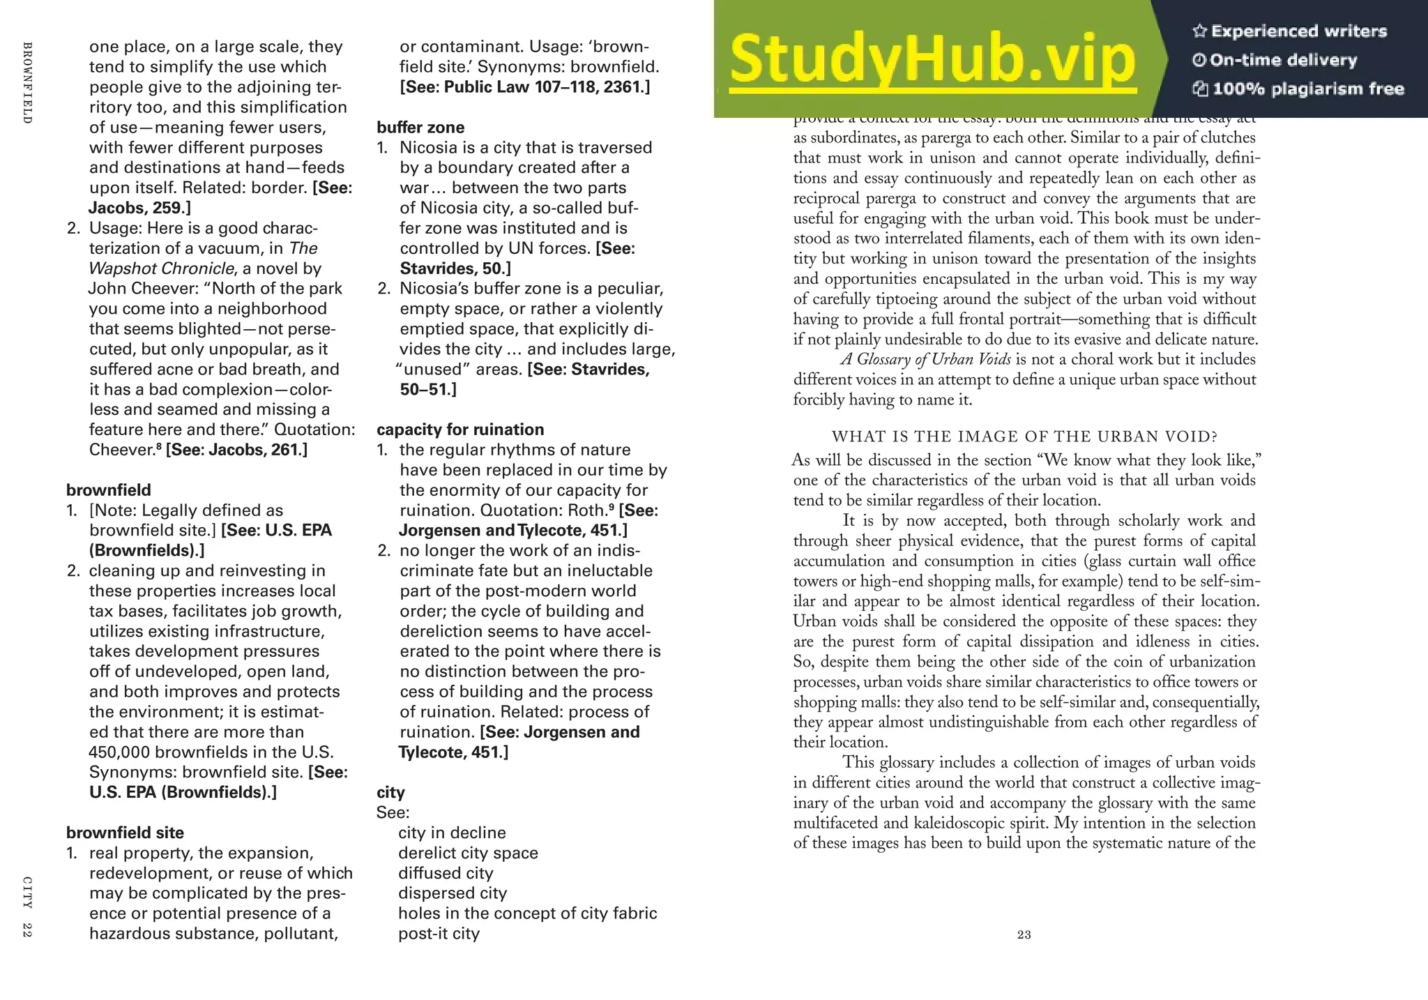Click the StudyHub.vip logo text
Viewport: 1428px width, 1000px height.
click(933, 60)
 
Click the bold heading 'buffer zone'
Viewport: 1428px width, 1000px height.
click(420, 128)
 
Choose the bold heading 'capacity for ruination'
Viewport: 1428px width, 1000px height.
click(460, 430)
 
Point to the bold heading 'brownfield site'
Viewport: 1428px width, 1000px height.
click(125, 833)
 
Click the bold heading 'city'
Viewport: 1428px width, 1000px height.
click(390, 792)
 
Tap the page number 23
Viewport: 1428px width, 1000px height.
click(1024, 934)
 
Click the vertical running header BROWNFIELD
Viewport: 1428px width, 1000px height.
click(27, 83)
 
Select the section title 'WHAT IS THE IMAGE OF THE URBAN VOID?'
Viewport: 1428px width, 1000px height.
click(1024, 437)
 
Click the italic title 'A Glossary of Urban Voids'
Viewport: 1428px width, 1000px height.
click(927, 360)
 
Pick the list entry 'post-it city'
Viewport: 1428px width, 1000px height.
click(439, 934)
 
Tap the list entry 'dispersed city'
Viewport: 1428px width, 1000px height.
click(453, 893)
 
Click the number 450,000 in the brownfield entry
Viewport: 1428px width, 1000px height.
click(119, 752)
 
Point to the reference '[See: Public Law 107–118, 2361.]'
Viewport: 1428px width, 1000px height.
click(524, 87)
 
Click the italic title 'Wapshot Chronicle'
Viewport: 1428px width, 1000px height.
click(161, 268)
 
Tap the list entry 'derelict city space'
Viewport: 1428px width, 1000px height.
click(468, 853)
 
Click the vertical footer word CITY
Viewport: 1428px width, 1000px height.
click(27, 892)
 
